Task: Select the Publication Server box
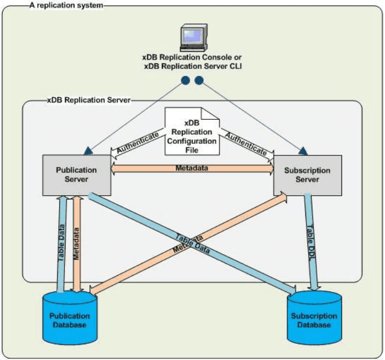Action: (x=76, y=175)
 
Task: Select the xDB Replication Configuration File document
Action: (x=192, y=131)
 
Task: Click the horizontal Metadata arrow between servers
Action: (x=192, y=169)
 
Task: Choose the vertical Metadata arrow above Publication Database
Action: (x=78, y=241)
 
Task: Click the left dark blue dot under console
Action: (x=185, y=81)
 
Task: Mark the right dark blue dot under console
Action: (x=199, y=81)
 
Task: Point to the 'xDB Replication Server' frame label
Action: (x=89, y=99)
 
